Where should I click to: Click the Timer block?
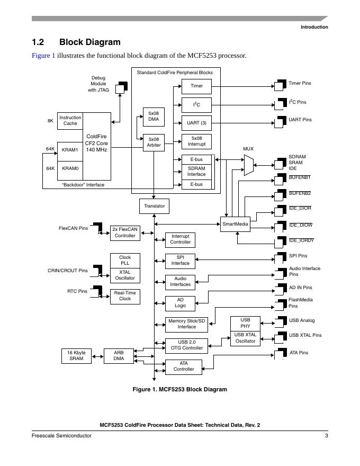[196, 86]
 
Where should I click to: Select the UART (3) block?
[196, 123]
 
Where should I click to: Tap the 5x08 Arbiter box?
[154, 142]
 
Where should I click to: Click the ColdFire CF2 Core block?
[96, 144]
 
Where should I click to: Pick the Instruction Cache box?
[70, 121]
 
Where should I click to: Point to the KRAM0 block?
[70, 168]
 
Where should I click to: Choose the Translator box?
[154, 205]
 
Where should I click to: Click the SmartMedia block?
[236, 224]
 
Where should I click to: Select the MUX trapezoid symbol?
[249, 165]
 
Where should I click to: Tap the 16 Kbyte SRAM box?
[76, 355]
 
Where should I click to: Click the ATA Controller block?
[184, 366]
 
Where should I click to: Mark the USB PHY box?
[245, 323]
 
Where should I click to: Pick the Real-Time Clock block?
[125, 296]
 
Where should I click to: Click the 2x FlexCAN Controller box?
[125, 232]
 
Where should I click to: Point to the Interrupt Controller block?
[180, 239]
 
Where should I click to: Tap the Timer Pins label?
[300, 83]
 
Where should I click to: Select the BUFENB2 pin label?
[300, 193]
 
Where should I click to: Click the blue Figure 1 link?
[43, 56]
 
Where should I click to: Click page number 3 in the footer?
[327, 436]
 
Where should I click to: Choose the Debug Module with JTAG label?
[98, 84]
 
